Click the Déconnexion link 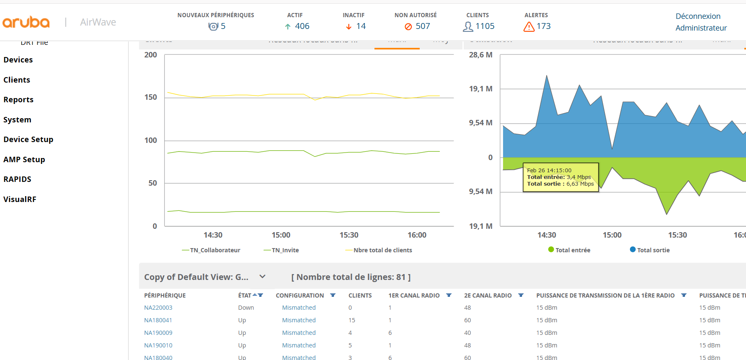698,16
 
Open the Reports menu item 18,100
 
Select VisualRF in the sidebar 20,199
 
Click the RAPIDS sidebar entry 17,179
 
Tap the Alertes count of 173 543,26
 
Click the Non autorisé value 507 423,26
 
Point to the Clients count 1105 485,26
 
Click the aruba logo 26,22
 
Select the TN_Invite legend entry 285,250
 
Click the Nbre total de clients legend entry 382,250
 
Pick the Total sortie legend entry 653,250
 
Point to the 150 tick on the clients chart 151,97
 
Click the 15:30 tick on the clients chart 349,235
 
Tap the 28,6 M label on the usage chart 480,55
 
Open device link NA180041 158,320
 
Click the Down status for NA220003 246,308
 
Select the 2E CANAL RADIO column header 488,295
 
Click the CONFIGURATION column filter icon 333,295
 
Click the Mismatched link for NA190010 299,345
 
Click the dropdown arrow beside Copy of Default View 263,277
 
